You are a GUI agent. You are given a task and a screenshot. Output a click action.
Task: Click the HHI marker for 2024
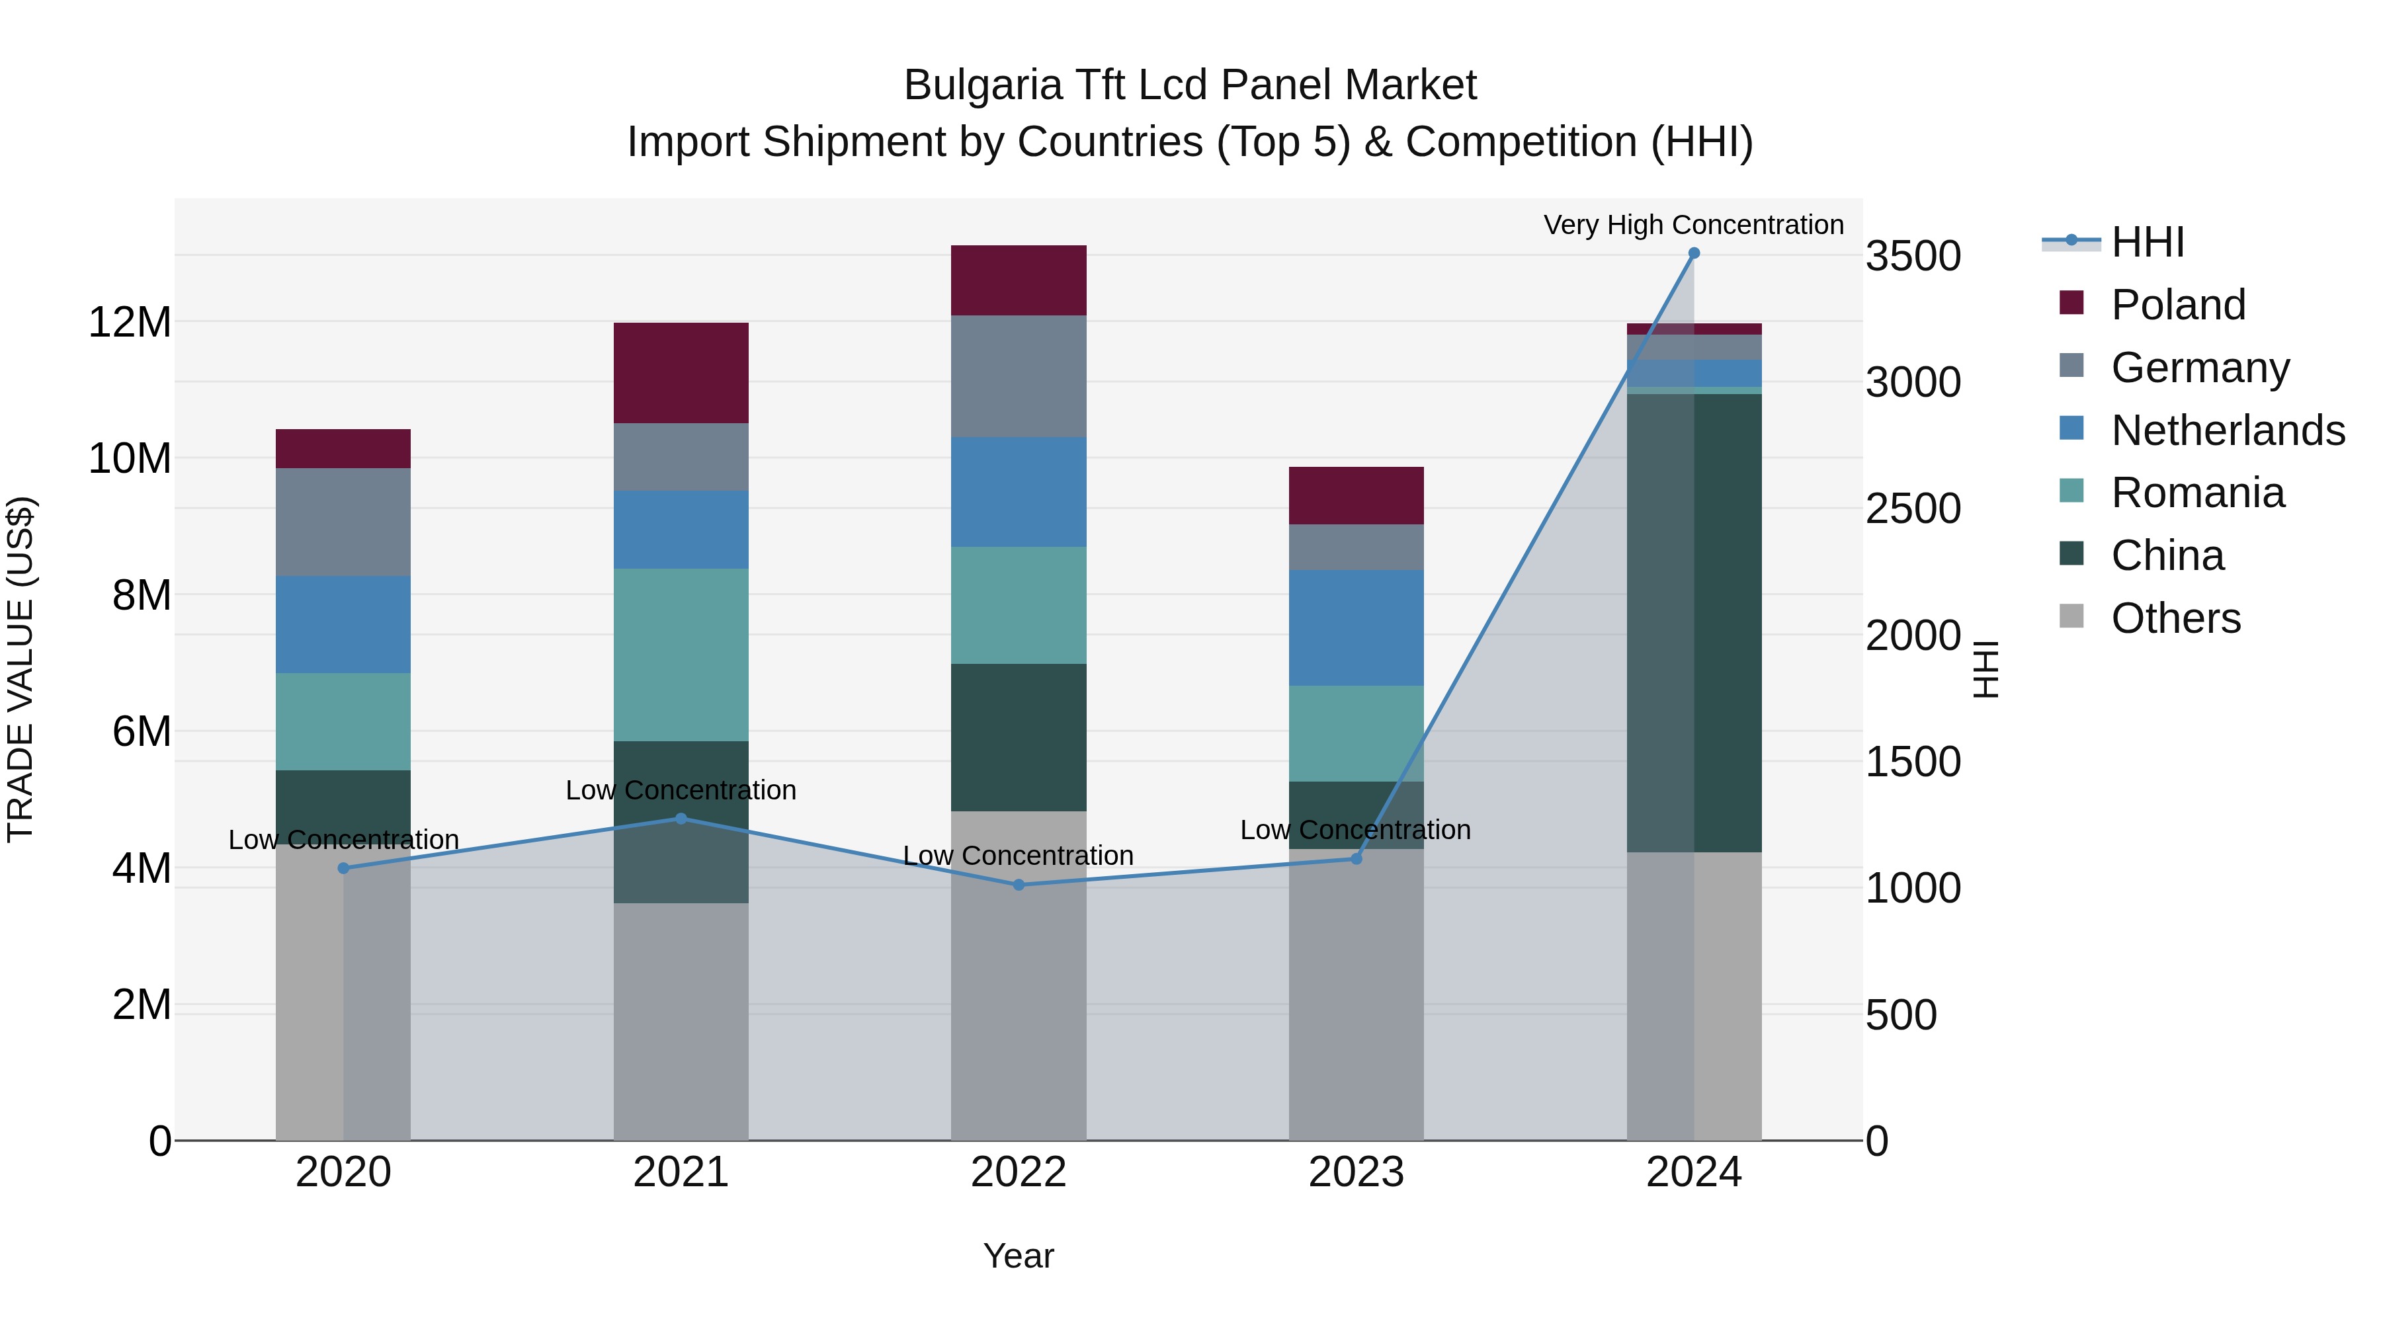coord(1693,253)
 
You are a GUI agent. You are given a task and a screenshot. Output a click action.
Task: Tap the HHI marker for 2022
coord(1019,884)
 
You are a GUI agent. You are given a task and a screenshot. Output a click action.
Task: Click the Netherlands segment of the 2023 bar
coord(1356,628)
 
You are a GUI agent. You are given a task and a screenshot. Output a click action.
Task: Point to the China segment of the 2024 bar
coord(1693,623)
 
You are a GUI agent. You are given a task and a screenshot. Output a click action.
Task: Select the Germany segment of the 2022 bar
coord(1019,376)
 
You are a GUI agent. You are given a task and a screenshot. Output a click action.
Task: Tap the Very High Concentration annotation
coord(1693,225)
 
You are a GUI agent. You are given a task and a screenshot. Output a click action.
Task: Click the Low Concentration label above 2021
coord(681,790)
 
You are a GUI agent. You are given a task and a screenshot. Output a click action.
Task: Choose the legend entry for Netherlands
coord(2228,430)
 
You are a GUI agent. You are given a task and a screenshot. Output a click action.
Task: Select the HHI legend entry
coord(2147,242)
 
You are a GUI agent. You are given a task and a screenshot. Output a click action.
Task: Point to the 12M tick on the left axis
coord(130,323)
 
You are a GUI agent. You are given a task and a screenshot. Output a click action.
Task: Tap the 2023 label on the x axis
coord(1356,1172)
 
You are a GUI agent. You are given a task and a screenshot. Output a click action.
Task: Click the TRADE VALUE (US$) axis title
coord(21,669)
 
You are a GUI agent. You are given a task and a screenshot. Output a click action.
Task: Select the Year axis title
coord(1019,1256)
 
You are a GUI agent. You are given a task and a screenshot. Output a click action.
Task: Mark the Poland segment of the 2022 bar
coord(1019,280)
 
